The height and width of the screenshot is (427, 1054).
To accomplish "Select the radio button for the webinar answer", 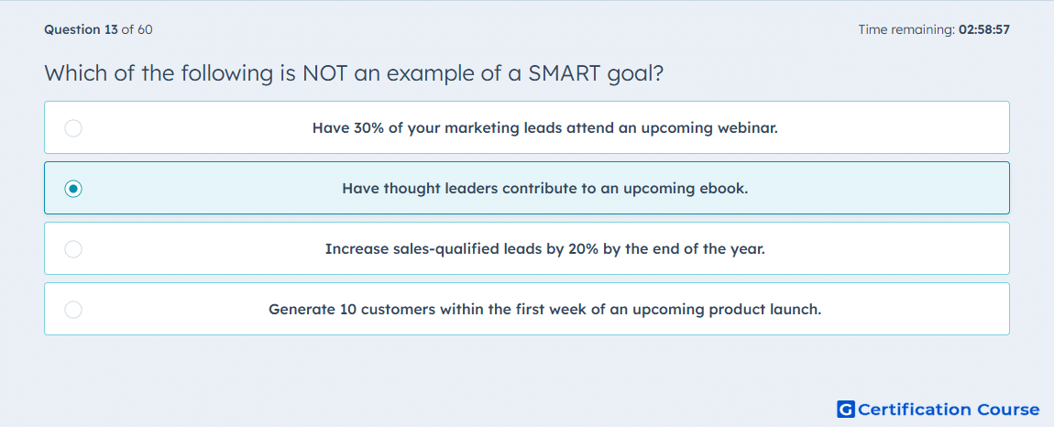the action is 73,127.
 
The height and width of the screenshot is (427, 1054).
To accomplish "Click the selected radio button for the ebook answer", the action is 73,189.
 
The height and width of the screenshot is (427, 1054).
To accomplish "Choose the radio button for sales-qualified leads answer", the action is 73,249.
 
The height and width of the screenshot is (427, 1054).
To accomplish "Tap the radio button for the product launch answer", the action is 73,310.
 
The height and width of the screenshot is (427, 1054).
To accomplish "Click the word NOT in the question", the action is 324,72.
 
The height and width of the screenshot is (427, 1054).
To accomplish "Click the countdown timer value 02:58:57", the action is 984,29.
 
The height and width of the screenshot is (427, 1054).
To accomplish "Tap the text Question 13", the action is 81,29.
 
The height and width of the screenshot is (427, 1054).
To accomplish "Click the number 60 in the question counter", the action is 145,29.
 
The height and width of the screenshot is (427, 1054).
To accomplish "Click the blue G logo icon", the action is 846,410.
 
